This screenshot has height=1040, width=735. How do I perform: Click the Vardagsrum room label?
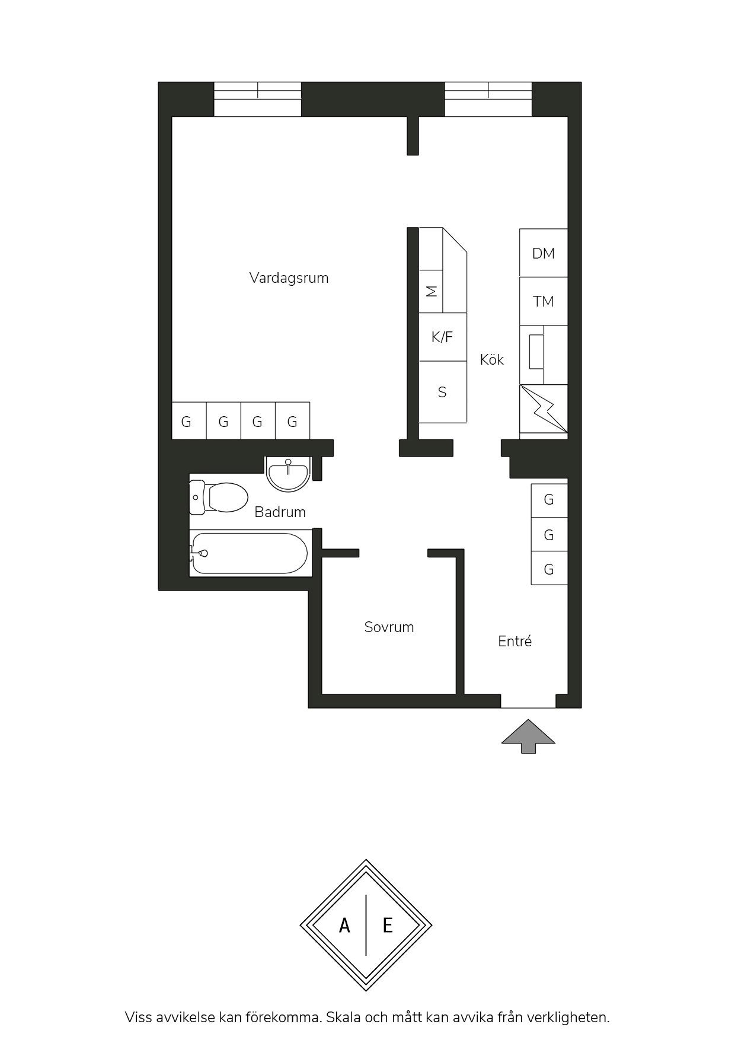click(289, 278)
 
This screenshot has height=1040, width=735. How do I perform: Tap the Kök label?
click(492, 359)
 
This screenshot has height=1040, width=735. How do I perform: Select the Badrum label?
click(280, 512)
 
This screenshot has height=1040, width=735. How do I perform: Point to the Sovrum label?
click(389, 627)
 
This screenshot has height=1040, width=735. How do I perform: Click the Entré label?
click(514, 641)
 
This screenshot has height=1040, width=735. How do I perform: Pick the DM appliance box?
click(544, 253)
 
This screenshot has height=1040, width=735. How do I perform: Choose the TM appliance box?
click(544, 301)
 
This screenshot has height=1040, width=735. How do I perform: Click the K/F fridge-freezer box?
click(443, 337)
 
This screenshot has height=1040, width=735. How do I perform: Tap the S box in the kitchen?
click(443, 392)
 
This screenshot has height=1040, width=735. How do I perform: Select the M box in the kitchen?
click(431, 291)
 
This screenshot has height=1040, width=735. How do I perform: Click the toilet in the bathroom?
click(218, 497)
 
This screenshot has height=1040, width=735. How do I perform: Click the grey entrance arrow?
click(528, 736)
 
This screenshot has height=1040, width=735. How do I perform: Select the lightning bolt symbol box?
click(544, 409)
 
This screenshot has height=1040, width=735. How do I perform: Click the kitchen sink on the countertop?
click(536, 352)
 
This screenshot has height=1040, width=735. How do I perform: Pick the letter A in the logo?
click(344, 925)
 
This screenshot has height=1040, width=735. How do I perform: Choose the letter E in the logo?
click(388, 925)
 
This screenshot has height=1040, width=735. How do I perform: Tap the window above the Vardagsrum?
click(257, 99)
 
